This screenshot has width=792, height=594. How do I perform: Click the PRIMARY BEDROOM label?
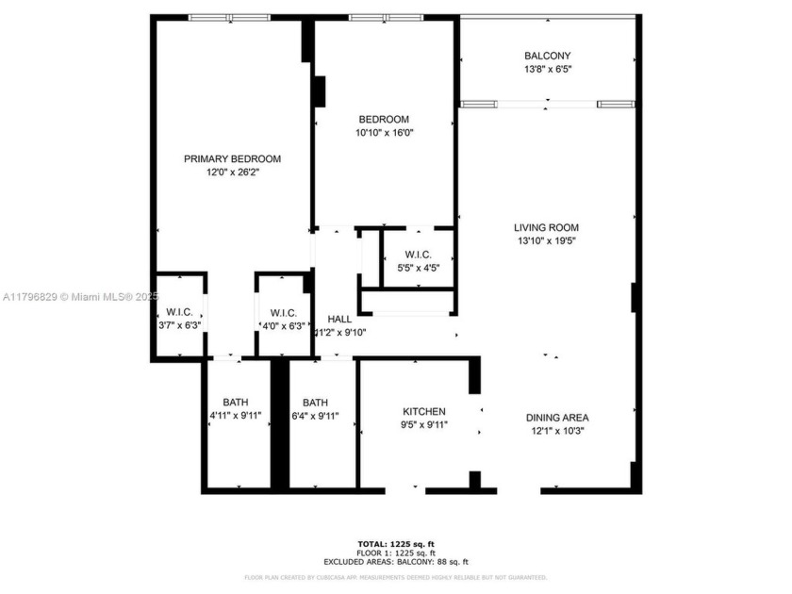point(232,158)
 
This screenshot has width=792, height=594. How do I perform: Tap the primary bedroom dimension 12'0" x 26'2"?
point(232,172)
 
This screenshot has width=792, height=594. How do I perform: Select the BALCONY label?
point(547,56)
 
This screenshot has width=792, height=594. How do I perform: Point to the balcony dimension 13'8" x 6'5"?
point(547,69)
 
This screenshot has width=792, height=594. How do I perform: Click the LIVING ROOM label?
point(546,227)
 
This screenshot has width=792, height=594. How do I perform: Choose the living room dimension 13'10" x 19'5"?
point(546,240)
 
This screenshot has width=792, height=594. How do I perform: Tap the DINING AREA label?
point(557,417)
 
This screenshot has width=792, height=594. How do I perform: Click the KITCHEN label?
point(424,411)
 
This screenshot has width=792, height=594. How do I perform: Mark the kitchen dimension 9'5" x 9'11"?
point(424,424)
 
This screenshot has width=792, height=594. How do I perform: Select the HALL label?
point(339,319)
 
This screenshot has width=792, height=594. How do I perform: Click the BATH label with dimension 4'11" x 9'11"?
point(236,402)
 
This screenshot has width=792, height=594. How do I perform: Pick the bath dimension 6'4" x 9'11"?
point(315,415)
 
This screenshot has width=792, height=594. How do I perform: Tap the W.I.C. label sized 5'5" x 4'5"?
point(419,255)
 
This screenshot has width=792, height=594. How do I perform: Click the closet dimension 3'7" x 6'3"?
point(179,325)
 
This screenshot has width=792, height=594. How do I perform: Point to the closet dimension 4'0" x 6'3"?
point(284,325)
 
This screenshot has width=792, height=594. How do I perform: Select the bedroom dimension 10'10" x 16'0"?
point(384,133)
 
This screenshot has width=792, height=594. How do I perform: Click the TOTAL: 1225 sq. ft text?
point(396,544)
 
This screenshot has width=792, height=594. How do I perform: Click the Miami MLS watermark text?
point(81,296)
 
